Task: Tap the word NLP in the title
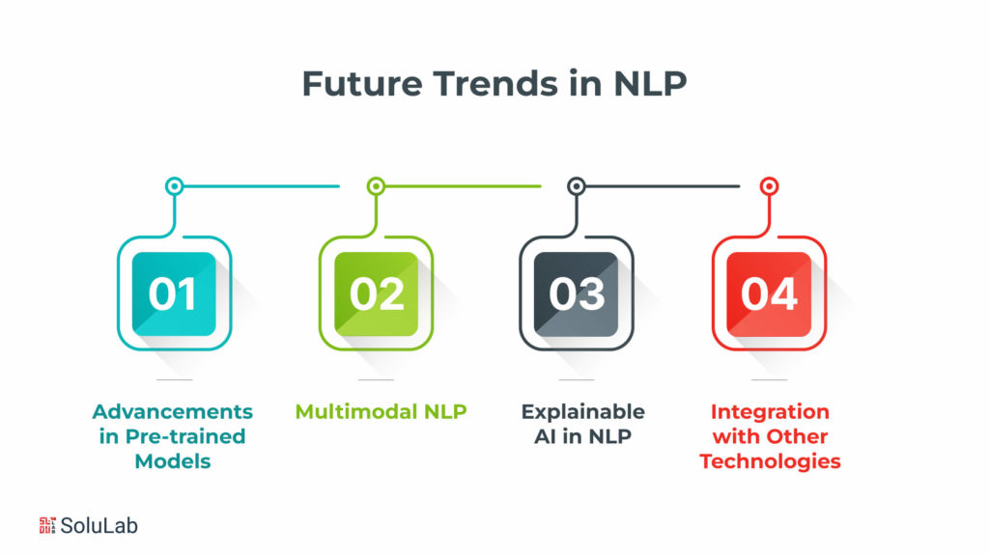tap(649, 84)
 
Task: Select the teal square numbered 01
tap(174, 293)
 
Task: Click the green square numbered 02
tap(376, 293)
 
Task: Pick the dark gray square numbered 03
tap(577, 293)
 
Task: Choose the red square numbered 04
tap(769, 293)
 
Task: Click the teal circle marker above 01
tap(174, 186)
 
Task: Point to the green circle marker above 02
tap(376, 186)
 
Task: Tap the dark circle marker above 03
tap(577, 186)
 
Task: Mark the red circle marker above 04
tap(769, 186)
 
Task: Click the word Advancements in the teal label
tap(173, 412)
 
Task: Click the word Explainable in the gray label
tap(582, 412)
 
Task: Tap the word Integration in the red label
tap(770, 412)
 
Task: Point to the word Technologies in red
tap(770, 461)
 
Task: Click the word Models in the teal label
tap(173, 461)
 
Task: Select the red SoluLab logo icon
tap(47, 525)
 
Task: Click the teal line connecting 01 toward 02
tap(261, 186)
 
